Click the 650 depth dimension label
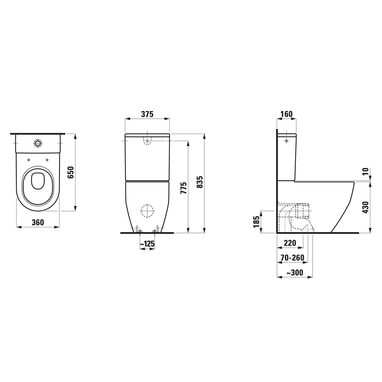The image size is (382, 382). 71,172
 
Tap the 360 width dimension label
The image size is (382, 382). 38,223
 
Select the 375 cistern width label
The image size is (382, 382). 147,114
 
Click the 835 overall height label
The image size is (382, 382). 200,182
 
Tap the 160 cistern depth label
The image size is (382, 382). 286,114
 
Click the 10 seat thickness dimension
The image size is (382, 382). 366,171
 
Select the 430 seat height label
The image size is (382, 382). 366,207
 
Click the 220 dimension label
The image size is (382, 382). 290,243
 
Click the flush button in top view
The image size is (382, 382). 38,143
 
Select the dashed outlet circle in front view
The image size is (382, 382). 147,210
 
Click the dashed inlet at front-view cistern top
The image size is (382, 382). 147,141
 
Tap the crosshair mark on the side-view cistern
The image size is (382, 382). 286,140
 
